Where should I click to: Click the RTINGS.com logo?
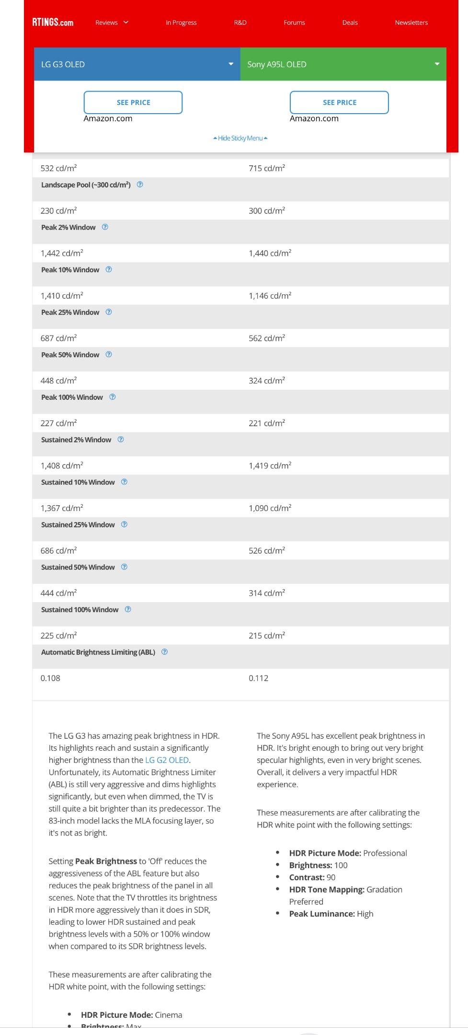click(53, 23)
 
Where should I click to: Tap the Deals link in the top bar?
click(350, 23)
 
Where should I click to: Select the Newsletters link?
click(411, 23)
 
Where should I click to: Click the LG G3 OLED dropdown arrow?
click(231, 64)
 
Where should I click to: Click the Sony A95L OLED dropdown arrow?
click(437, 64)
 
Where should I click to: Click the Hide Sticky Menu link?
click(240, 138)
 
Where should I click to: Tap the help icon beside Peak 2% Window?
click(105, 227)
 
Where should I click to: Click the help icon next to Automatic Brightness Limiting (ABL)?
click(164, 652)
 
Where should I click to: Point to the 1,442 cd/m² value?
click(62, 253)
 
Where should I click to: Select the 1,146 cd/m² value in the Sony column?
click(270, 296)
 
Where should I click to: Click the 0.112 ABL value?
click(258, 678)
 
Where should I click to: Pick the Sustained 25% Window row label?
click(78, 524)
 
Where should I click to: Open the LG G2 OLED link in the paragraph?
click(167, 760)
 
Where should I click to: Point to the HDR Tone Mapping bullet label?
click(327, 889)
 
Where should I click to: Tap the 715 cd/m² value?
click(267, 168)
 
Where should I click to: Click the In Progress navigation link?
click(181, 23)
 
